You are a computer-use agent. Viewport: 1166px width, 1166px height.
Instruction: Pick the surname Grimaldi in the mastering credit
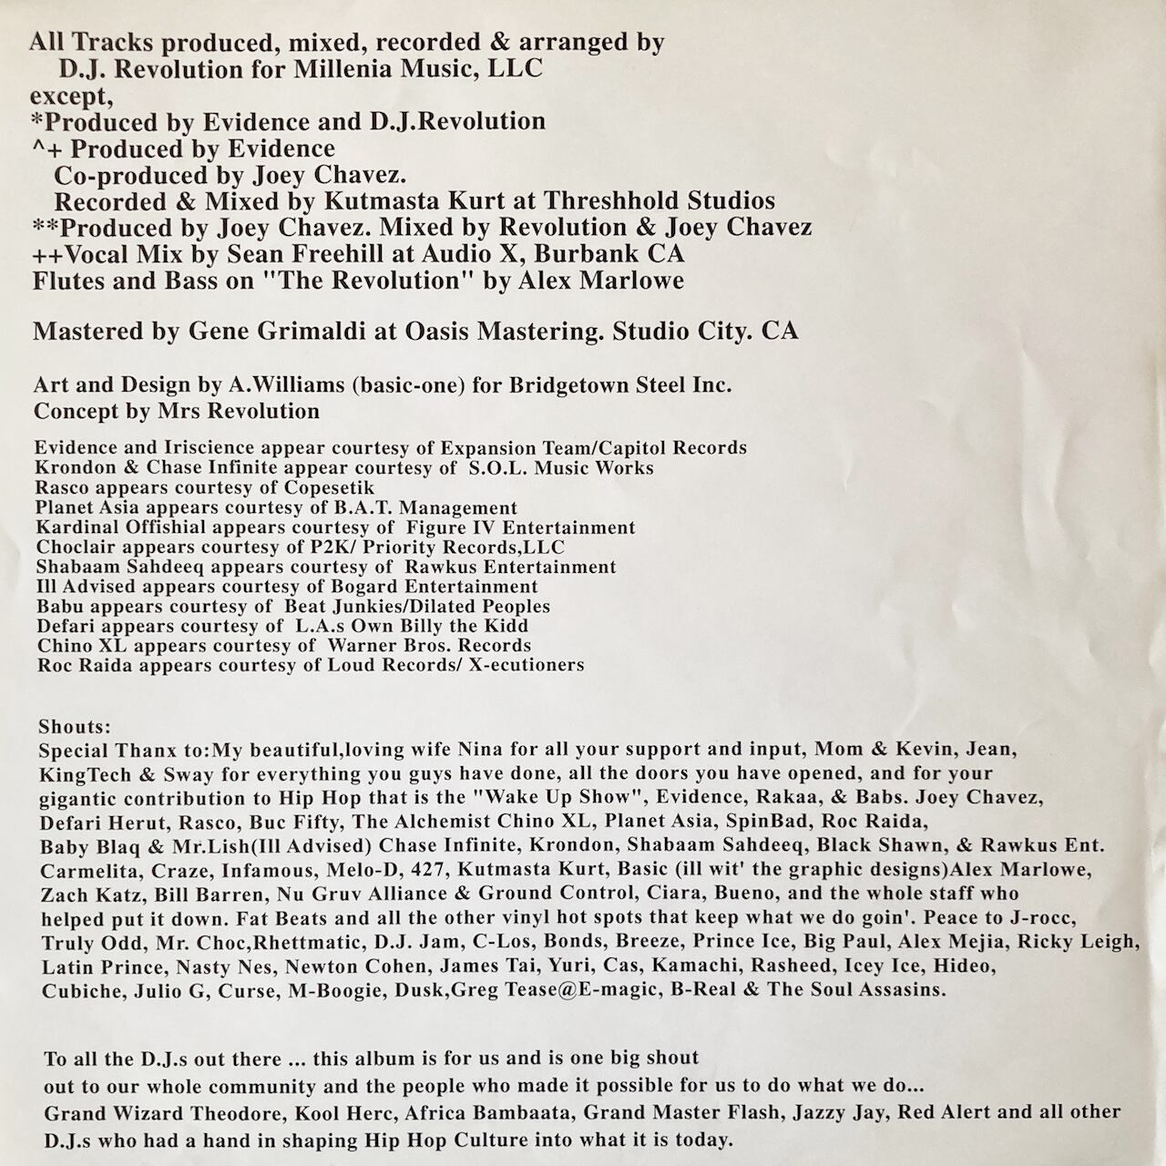click(x=305, y=331)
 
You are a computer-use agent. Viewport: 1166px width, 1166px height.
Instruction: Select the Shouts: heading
click(x=75, y=727)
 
